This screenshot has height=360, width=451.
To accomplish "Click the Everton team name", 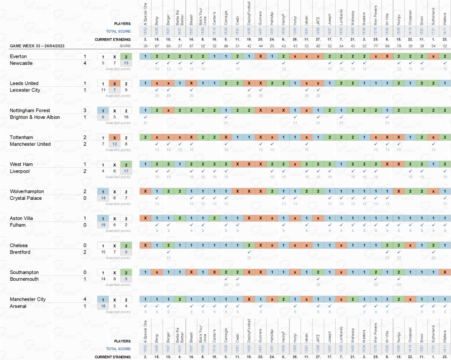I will tap(18, 56).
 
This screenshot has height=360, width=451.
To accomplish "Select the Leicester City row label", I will tap(24, 90).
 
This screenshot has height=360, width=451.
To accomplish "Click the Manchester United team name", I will tap(30, 144).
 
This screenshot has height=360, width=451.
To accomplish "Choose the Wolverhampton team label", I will tap(27, 191).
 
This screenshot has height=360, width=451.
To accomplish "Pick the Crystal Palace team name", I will tap(26, 198).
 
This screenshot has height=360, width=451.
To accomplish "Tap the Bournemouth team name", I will tap(24, 279).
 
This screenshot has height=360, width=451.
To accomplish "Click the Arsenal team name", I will tap(18, 306).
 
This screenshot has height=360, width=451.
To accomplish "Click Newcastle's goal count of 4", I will tap(85, 63).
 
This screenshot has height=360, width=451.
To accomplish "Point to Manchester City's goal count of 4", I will tap(85, 299).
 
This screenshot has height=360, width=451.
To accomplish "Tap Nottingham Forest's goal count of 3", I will tap(85, 110).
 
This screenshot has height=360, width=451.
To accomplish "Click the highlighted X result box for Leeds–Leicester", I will tap(115, 84).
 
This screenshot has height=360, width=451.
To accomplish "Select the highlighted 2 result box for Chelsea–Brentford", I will tap(126, 246).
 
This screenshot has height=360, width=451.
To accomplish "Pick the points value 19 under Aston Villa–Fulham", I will tap(103, 225).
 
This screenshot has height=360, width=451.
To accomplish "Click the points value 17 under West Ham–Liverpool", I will tap(126, 171).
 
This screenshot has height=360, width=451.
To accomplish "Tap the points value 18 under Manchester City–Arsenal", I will tap(103, 306).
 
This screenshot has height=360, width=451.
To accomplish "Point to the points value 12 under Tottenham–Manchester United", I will tap(115, 144).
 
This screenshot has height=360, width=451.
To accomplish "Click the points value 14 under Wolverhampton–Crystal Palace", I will tap(103, 198).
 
